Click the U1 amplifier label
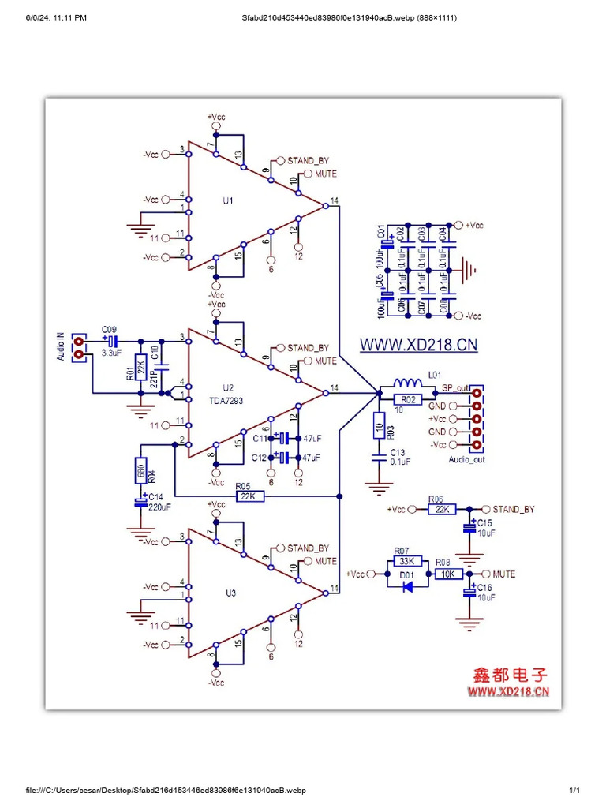(x=227, y=201)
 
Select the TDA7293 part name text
(x=227, y=400)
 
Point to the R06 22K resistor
(x=441, y=510)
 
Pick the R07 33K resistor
(x=407, y=561)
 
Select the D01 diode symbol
(x=407, y=587)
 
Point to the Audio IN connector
(x=78, y=347)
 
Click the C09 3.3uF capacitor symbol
(x=111, y=341)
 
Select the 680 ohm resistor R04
(x=140, y=471)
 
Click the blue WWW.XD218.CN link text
(x=419, y=345)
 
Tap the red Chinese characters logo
(x=510, y=675)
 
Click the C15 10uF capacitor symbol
(x=471, y=523)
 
